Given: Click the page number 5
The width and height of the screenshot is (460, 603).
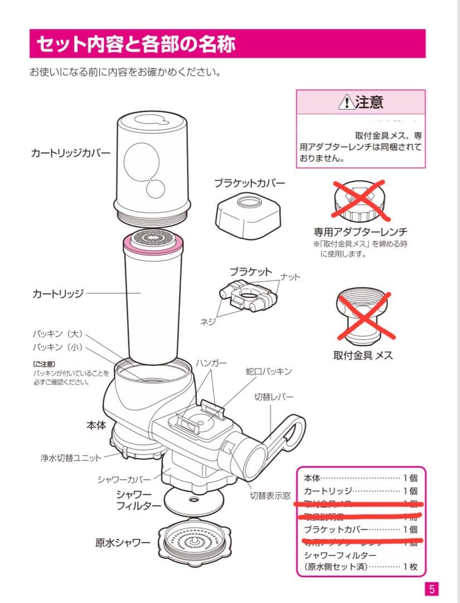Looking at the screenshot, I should coord(432,589).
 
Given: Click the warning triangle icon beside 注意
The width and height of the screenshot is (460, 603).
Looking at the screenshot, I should coord(346,103).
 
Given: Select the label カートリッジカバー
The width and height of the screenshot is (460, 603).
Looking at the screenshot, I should coord(70,152).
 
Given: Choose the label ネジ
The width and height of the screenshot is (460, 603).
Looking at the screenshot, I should coord(208,322).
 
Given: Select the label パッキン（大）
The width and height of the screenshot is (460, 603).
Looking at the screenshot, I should coord(57,334).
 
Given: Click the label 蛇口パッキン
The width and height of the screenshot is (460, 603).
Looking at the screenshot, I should coord(269,371).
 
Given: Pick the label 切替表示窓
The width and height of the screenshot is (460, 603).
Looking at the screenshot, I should coord(270,495).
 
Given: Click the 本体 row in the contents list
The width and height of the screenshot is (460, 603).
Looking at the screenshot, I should coord(360,477).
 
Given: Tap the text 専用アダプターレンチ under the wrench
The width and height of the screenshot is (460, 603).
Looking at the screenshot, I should coord(360,232).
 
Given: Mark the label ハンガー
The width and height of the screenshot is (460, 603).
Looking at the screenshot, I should coord(211,363).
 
